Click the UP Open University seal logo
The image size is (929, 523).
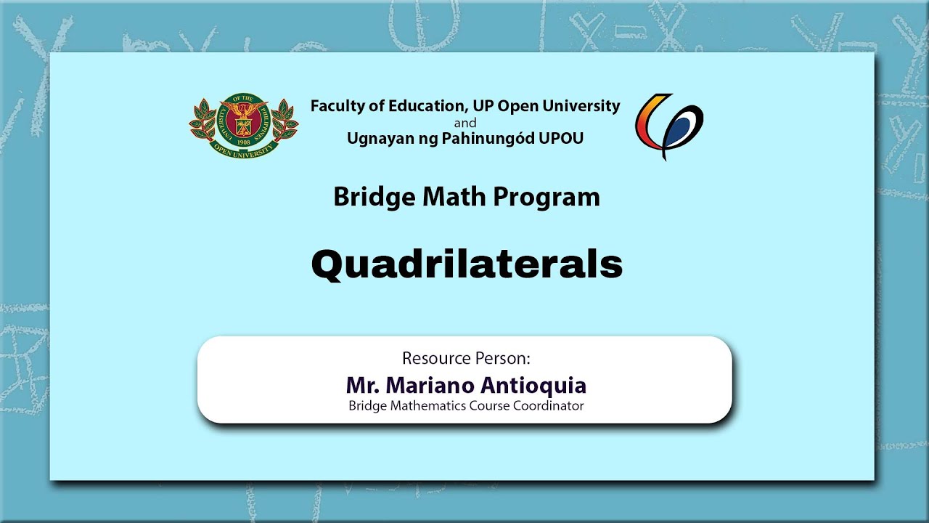click(244, 126)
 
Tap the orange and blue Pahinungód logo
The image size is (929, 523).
click(669, 126)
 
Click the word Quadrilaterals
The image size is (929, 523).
click(467, 265)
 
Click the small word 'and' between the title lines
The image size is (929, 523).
click(465, 123)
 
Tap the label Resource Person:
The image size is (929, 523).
click(467, 358)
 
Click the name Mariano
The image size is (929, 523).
click(430, 386)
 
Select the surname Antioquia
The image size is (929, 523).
click(533, 386)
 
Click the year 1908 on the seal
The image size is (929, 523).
click(244, 142)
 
